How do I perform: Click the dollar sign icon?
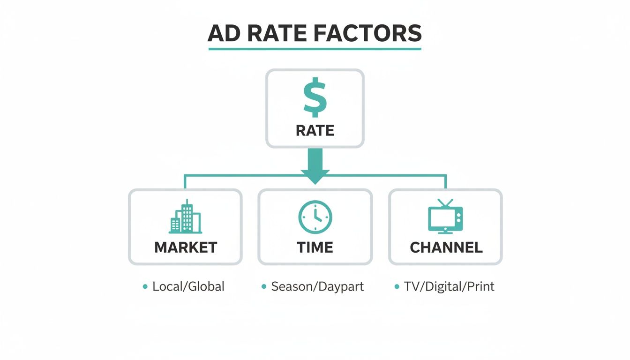[315, 97]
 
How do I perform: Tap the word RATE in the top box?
[315, 130]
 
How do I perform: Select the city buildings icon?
[185, 217]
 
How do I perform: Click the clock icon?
[315, 217]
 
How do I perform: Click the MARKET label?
[186, 247]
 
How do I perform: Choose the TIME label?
[315, 247]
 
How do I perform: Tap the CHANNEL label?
[446, 247]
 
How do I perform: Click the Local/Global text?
[188, 286]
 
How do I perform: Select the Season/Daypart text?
[317, 286]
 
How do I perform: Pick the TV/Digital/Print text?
[449, 286]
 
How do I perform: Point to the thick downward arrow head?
[315, 176]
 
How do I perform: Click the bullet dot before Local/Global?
[145, 286]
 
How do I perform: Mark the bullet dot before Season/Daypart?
[264, 286]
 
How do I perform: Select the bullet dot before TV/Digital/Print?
[397, 286]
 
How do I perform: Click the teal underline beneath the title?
[315, 48]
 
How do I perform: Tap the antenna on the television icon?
[445, 203]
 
